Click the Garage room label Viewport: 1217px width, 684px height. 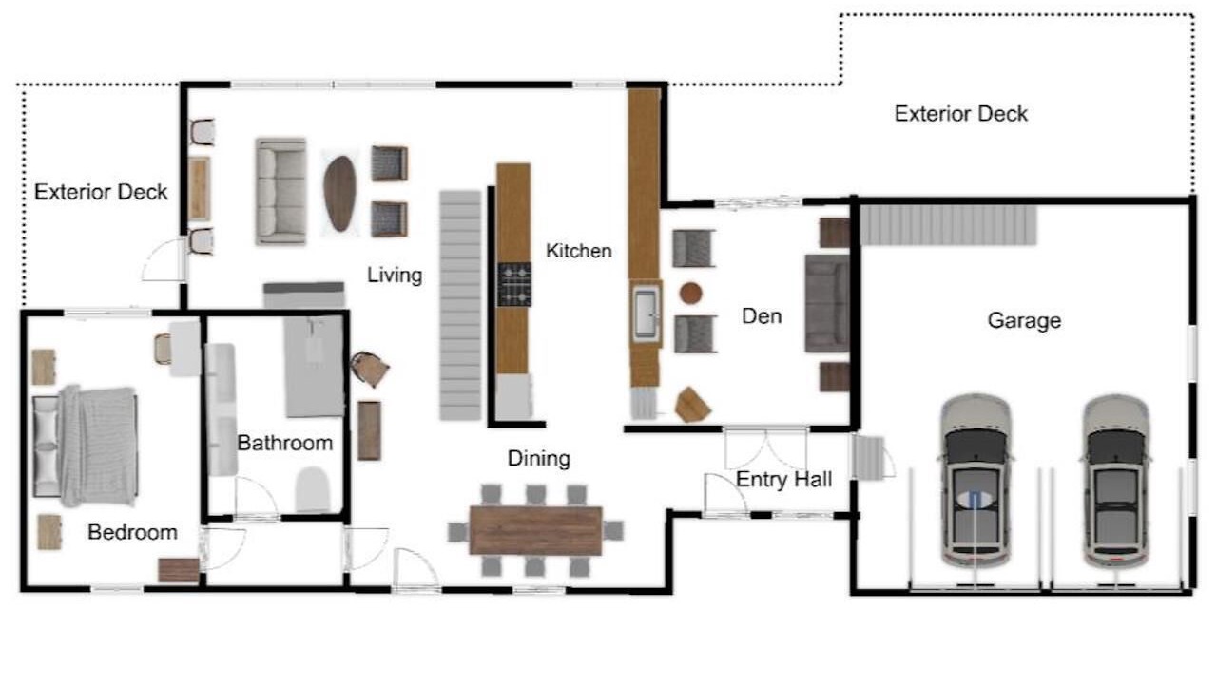tap(1024, 320)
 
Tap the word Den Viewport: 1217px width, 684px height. tap(762, 316)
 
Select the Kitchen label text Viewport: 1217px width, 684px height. tap(579, 250)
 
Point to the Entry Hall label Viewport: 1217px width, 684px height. tap(783, 480)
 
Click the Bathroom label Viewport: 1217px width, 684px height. tap(285, 443)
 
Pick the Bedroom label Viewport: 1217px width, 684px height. tap(132, 532)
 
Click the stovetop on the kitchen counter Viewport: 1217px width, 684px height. tap(514, 284)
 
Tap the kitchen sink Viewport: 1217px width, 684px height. tap(646, 313)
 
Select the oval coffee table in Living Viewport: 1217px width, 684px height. tap(340, 193)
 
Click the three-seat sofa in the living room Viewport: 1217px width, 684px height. tap(280, 191)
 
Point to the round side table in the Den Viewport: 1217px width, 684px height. tap(690, 294)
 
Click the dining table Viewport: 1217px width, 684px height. tap(535, 530)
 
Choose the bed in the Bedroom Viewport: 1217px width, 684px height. tap(86, 446)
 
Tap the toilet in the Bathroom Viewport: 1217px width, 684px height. tap(313, 489)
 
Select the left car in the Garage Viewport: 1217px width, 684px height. tap(976, 482)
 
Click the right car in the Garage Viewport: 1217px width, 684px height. tap(1116, 482)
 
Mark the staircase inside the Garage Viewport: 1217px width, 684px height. tap(949, 225)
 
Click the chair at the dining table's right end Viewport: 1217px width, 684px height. tap(613, 530)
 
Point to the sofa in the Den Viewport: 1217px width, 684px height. tap(827, 303)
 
